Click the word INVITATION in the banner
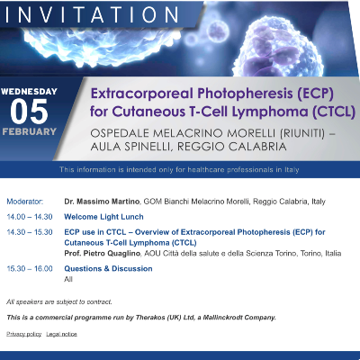[x=92, y=14]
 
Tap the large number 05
[x=29, y=112]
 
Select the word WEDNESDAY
[x=29, y=92]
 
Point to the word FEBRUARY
[x=30, y=131]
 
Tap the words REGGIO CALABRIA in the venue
[x=232, y=147]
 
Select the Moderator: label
[x=25, y=202]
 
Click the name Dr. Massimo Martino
[x=102, y=202]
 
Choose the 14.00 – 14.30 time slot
[x=30, y=217]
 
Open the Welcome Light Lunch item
[x=103, y=217]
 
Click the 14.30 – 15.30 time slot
[x=30, y=232]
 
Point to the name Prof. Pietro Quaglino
[x=103, y=254]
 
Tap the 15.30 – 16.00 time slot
[x=30, y=268]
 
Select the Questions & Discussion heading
[x=108, y=268]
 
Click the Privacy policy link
[x=24, y=334]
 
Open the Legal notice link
[x=61, y=334]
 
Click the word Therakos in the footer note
[x=150, y=318]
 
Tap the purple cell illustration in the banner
[x=277, y=47]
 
